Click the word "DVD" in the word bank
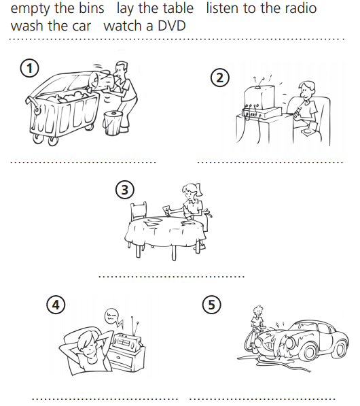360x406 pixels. [171, 26]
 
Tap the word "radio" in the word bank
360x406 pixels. [301, 7]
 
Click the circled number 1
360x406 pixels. [29, 69]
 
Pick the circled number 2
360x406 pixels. [220, 78]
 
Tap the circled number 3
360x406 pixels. [125, 190]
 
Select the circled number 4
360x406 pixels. [56, 305]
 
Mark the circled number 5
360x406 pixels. [211, 305]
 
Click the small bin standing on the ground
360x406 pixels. [113, 123]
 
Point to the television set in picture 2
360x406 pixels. [259, 97]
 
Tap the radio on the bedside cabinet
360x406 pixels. [128, 341]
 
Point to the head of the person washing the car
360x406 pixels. [258, 311]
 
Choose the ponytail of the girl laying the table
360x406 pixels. [199, 189]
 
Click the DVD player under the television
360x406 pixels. [262, 112]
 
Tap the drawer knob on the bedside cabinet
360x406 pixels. [118, 358]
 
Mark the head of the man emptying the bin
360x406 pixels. [121, 69]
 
